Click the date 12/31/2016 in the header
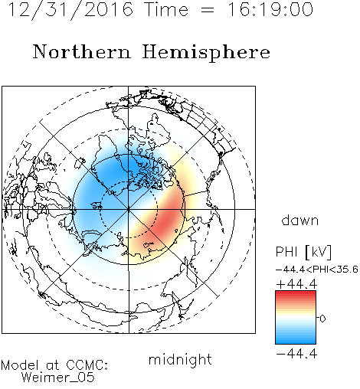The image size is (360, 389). point(70,10)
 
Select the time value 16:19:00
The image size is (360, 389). point(270,9)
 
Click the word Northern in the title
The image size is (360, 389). point(82,51)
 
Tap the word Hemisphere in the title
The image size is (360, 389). point(206,53)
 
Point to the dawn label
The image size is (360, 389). point(300,220)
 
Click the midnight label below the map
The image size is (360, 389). point(180,360)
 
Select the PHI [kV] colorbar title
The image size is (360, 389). point(303,252)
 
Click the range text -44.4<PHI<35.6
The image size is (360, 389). point(317,270)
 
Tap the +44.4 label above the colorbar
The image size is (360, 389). point(296,284)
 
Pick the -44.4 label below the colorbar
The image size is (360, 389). point(296,354)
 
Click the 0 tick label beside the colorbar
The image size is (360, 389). point(322,319)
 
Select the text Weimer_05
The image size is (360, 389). point(58,378)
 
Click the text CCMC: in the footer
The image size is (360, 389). point(87,365)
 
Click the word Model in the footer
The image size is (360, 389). point(20,365)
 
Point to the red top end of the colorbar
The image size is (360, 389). point(296,293)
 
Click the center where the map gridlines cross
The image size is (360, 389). point(129,209)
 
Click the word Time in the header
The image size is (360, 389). point(166,9)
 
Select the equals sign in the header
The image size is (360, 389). point(208,10)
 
